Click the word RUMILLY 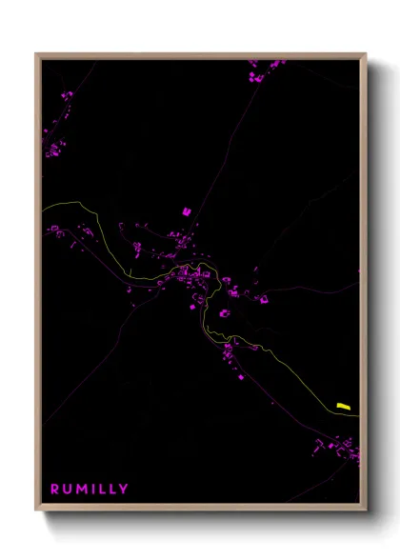[x=89, y=489]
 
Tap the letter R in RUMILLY [x=54, y=489]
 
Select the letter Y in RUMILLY [x=123, y=489]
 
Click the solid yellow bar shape [x=344, y=407]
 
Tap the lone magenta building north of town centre [x=187, y=210]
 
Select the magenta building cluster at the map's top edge [x=266, y=66]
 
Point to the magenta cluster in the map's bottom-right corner [x=343, y=447]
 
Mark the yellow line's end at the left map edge [x=43, y=207]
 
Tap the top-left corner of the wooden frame [x=36, y=54]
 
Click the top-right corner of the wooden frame [x=365, y=54]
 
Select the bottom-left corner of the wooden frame [x=36, y=510]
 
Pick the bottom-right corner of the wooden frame [x=365, y=510]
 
